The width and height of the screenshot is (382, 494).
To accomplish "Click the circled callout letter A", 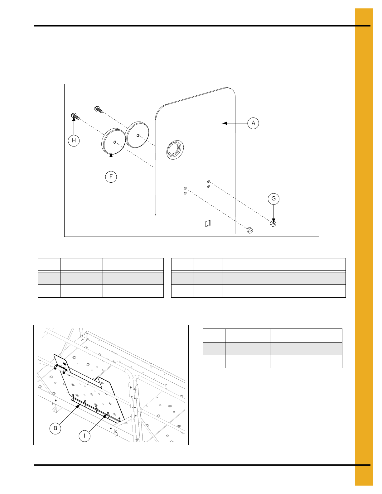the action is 253,123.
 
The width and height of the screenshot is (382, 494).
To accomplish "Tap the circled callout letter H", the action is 74,141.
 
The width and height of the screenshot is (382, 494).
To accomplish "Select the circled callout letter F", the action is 111,177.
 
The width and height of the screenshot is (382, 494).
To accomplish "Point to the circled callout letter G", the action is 273,199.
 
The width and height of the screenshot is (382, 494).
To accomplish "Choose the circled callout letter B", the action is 55,428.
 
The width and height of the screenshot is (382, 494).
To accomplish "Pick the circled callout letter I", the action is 85,436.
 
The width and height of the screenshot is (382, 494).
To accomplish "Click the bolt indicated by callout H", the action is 75,116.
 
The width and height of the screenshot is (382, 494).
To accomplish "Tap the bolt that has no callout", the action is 99,109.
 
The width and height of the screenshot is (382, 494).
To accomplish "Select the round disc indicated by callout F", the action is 113,141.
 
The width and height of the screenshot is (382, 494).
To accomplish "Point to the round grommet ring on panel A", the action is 175,150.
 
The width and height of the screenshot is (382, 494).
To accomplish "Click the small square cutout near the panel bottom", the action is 208,223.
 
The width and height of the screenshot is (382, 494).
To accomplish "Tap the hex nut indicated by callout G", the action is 273,224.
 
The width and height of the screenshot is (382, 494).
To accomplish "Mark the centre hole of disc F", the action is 115,142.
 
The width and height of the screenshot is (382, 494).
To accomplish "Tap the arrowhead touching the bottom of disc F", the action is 111,155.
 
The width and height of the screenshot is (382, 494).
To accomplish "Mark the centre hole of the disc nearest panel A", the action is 138,135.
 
